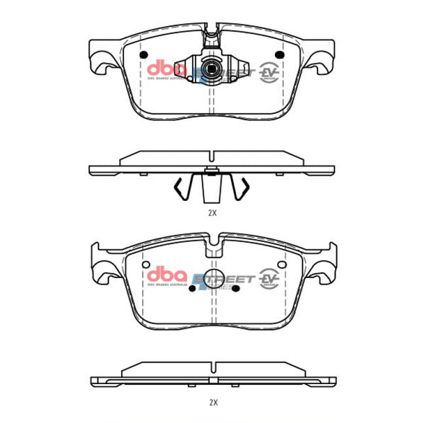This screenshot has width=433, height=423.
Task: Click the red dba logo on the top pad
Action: (x=167, y=68)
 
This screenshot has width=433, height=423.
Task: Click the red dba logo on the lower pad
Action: (x=167, y=275)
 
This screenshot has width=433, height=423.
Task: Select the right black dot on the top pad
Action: (x=281, y=55)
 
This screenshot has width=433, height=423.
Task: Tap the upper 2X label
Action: (x=212, y=214)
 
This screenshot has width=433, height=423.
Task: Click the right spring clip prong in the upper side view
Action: (x=243, y=190)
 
